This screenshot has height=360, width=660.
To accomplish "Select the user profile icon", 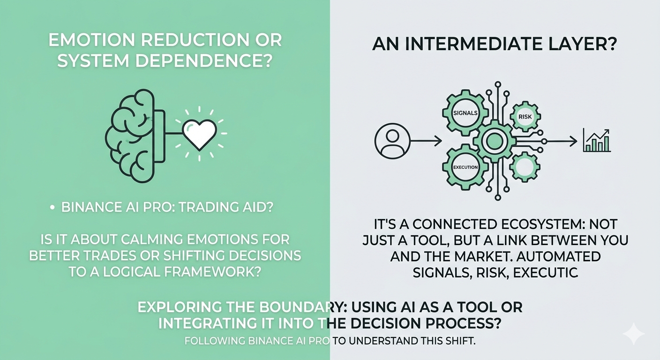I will tap(392, 141).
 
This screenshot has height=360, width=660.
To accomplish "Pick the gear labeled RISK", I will tap(525, 116).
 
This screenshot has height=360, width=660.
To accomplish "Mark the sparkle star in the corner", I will tap(634, 334).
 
